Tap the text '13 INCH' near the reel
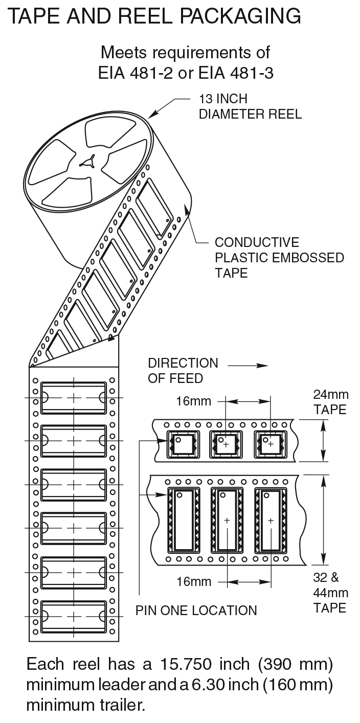223,99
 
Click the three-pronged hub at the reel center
88,162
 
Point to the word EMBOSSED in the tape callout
308,258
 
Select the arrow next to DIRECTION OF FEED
248,366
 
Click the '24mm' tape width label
331,394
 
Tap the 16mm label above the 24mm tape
194,401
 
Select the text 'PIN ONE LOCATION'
196,611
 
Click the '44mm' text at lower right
331,593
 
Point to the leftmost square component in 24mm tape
183,444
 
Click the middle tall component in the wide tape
227,521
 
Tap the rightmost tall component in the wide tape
271,521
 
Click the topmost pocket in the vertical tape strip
74,398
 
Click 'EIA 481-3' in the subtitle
236,73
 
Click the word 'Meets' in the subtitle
124,53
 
